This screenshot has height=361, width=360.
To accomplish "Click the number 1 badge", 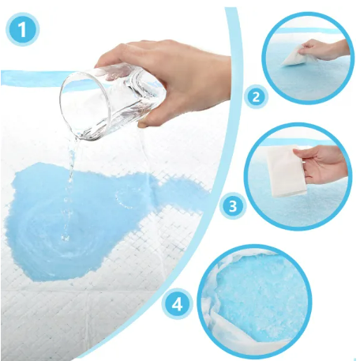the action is click(x=22, y=29).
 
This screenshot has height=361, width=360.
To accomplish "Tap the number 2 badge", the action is click(x=256, y=97).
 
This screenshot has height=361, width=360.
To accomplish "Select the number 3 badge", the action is click(x=233, y=206).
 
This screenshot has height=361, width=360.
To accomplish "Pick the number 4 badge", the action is click(x=177, y=305).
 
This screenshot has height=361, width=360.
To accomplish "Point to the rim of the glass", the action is click(x=84, y=105).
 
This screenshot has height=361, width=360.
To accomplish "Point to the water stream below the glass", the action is click(x=70, y=184).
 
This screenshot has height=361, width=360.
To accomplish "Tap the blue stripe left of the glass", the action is click(x=33, y=78).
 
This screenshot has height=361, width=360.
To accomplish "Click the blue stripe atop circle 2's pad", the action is click(x=308, y=31).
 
